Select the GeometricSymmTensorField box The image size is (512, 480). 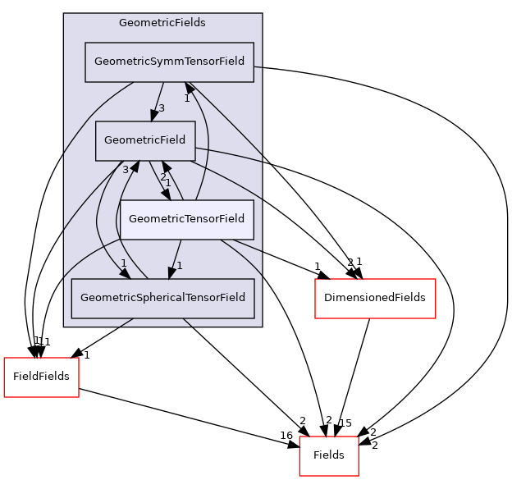[169, 62]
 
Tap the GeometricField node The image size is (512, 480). [145, 140]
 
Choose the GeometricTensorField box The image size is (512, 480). [186, 218]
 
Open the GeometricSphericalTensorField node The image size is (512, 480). [162, 298]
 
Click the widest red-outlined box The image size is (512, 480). [375, 299]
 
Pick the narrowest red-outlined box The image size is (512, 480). [328, 456]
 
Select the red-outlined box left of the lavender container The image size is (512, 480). [41, 377]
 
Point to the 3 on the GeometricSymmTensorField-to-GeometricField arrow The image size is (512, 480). [162, 108]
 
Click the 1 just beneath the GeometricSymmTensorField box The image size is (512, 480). [186, 98]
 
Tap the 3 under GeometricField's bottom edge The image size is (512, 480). [126, 169]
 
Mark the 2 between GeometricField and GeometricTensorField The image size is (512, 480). [162, 177]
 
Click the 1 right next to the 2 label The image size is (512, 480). [168, 183]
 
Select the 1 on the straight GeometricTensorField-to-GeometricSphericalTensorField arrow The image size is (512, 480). [179, 265]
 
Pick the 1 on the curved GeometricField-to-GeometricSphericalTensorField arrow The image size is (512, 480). [123, 263]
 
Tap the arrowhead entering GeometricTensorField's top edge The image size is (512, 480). [167, 194]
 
